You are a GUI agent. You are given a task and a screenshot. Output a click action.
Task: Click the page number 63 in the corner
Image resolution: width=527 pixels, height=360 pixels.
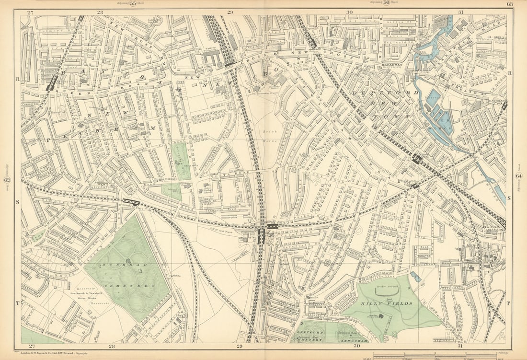[509, 4]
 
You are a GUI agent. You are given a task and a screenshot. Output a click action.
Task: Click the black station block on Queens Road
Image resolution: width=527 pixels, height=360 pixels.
[52, 83]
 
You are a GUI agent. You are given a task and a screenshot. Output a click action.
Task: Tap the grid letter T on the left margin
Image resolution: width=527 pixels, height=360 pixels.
[18, 303]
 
